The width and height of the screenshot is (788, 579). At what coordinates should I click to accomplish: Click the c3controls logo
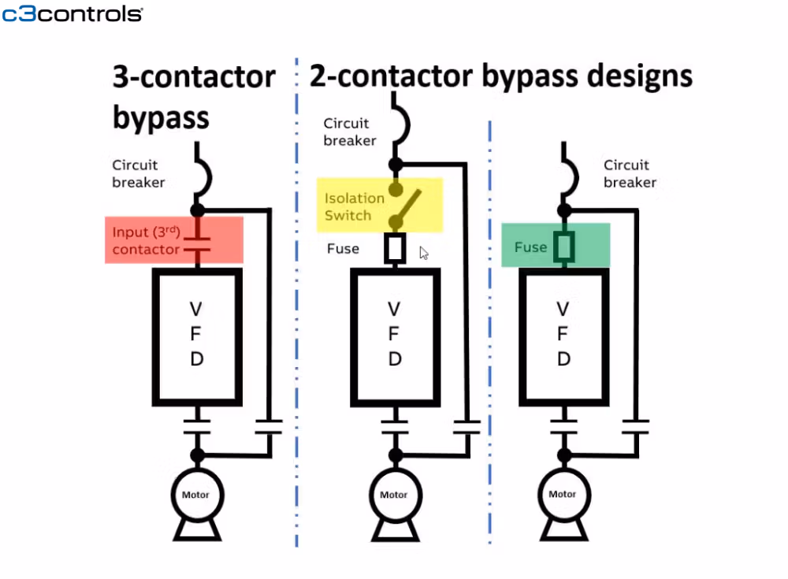tap(72, 13)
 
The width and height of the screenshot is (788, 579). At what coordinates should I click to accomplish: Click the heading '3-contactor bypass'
tap(194, 98)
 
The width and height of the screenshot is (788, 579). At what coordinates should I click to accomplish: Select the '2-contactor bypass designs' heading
tap(501, 76)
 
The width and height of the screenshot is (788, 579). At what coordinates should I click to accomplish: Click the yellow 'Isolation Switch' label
tap(354, 206)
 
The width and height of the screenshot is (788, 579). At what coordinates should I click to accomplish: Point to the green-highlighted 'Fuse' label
tap(530, 247)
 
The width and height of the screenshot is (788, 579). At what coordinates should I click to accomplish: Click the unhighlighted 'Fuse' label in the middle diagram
tap(343, 249)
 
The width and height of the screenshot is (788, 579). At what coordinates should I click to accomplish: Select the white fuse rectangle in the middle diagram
tap(395, 248)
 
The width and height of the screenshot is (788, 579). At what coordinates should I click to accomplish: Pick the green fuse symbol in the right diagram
tap(563, 246)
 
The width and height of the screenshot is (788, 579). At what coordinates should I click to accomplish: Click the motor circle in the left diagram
tap(196, 495)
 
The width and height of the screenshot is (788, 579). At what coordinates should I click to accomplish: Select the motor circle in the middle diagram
tap(394, 495)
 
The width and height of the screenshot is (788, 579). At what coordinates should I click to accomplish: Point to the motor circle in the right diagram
tap(563, 494)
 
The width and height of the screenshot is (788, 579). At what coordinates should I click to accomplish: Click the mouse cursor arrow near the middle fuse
tap(423, 253)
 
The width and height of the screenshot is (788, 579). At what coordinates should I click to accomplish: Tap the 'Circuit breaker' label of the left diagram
tap(138, 173)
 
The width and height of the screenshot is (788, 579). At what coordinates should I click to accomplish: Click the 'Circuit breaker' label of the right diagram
tap(630, 173)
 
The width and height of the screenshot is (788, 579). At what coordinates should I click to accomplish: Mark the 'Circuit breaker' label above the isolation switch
tap(349, 132)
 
